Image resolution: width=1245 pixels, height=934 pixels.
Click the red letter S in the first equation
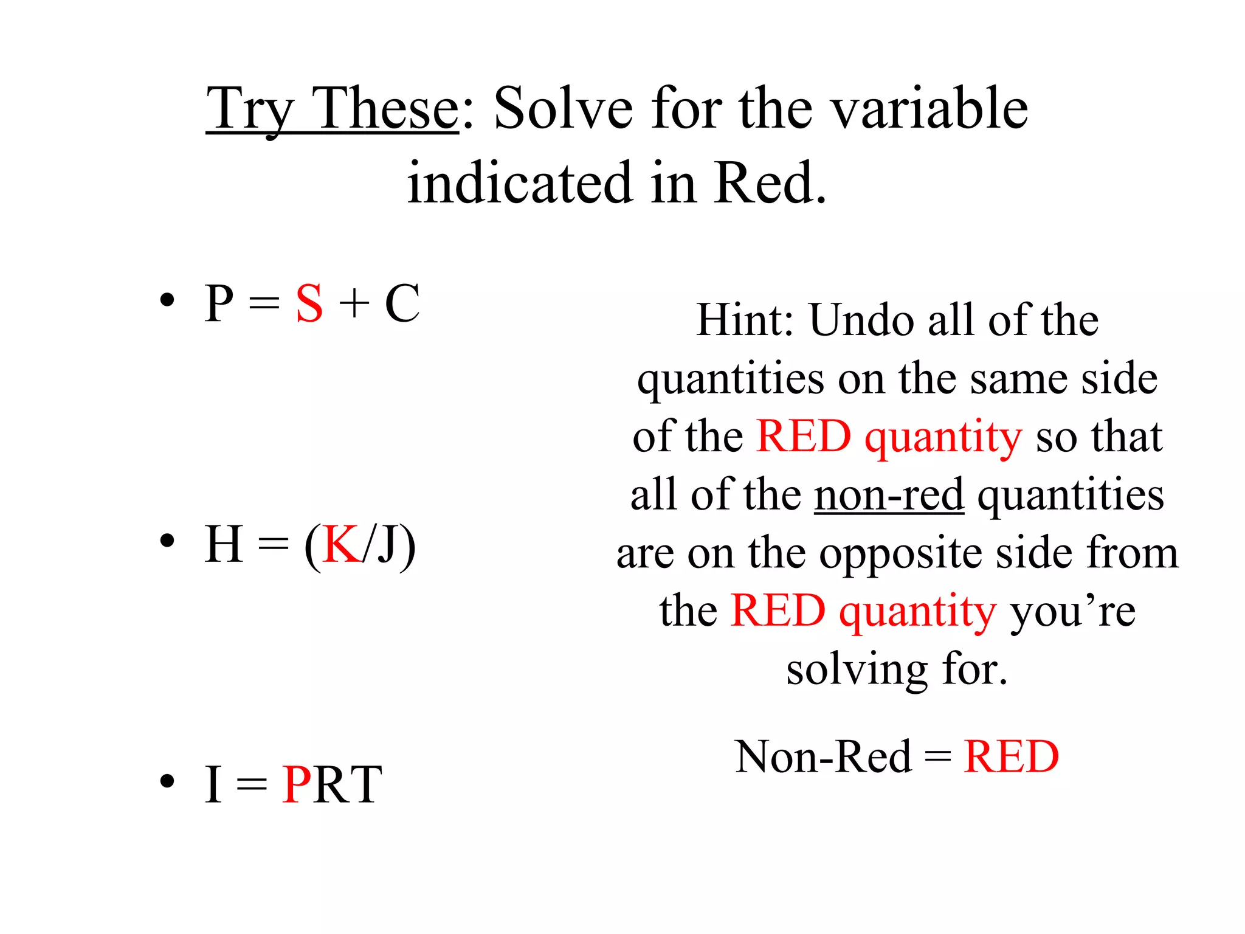tap(309, 303)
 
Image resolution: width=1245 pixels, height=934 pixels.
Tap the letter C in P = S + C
tap(402, 303)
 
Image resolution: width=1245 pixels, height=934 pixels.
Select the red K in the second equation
tap(340, 544)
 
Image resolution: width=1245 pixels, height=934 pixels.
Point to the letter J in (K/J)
tap(386, 544)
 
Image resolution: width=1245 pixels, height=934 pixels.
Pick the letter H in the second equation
tap(224, 544)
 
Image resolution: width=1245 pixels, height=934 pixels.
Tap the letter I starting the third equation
tap(213, 784)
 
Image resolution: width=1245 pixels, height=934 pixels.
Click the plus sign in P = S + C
tap(354, 303)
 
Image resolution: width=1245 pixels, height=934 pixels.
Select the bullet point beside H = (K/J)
tap(167, 541)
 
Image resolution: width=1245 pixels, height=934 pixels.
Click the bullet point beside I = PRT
tap(167, 781)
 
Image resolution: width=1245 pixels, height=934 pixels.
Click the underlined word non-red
tap(889, 494)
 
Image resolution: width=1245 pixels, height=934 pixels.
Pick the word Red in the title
tap(770, 182)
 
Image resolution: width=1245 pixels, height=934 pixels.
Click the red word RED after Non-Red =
tap(1012, 756)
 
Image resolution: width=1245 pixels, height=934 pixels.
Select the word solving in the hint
tap(857, 670)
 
